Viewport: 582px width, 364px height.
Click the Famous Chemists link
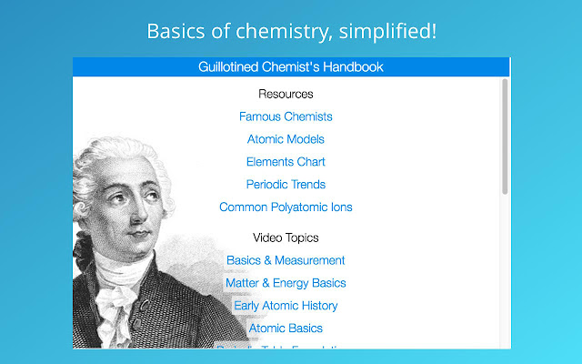point(286,116)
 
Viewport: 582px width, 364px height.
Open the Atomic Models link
point(286,139)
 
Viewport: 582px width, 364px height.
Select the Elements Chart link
point(286,162)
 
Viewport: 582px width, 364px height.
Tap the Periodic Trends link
point(286,185)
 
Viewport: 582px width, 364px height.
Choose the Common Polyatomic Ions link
point(286,207)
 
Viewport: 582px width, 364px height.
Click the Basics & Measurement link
point(286,260)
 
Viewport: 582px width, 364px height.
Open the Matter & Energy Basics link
point(286,283)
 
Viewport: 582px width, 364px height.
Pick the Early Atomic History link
point(286,306)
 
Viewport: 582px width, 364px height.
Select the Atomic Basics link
point(286,329)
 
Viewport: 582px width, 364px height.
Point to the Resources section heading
point(286,94)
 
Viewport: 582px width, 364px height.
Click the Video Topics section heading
point(286,238)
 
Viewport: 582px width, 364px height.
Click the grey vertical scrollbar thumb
point(505,136)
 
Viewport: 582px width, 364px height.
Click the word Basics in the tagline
point(175,31)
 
